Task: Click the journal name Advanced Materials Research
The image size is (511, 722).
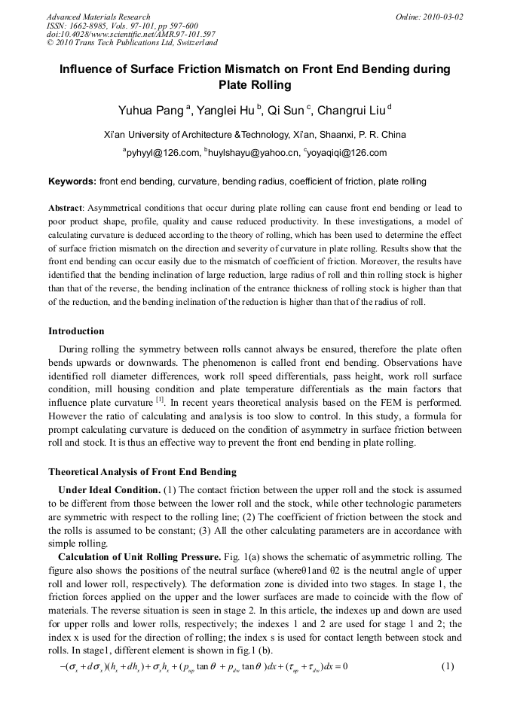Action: pos(99,17)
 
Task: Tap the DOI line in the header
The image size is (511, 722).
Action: pos(130,35)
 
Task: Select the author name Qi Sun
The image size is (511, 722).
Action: pos(286,112)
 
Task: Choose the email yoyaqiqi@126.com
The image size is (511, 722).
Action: pos(348,153)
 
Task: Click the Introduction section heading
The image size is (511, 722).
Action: pos(76,331)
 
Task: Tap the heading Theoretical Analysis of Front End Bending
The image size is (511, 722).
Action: pos(142,472)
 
